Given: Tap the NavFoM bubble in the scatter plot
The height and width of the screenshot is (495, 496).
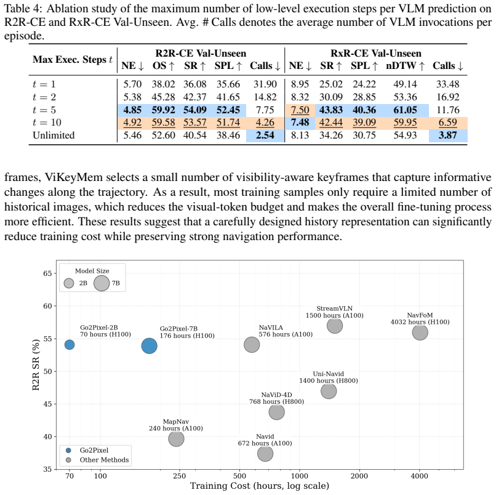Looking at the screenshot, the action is click(420, 332).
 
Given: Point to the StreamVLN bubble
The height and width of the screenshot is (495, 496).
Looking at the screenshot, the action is click(335, 325).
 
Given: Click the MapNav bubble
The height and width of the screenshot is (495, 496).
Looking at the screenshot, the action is click(176, 438).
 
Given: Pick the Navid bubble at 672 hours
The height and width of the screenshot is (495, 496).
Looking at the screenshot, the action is click(265, 454).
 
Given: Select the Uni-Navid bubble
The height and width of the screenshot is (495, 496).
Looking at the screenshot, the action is click(329, 391).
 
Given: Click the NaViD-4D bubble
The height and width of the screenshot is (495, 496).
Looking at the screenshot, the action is click(277, 412).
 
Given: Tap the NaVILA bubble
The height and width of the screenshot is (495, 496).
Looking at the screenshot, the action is click(252, 345).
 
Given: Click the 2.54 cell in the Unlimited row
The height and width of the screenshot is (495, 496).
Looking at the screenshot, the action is click(265, 135).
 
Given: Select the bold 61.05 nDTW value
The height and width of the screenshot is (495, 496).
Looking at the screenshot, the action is click(405, 110).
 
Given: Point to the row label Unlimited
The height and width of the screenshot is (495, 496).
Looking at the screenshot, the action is click(54, 135).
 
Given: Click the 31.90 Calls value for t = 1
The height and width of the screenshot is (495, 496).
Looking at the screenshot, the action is click(265, 84).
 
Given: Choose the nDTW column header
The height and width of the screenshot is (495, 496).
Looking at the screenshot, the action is click(405, 65).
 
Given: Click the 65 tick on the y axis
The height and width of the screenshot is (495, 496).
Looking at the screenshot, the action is click(48, 273).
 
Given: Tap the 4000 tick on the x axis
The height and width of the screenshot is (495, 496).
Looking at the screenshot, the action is click(420, 476).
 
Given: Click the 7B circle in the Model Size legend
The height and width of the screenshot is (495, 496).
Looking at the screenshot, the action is click(102, 283).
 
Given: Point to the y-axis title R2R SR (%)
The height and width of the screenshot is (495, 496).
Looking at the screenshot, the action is click(36, 364).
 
